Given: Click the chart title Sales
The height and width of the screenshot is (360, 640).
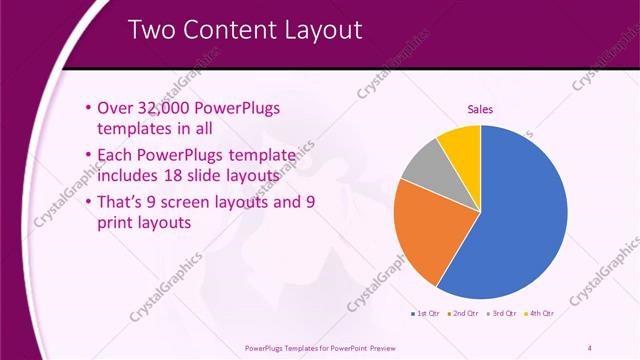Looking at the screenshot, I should [481, 109].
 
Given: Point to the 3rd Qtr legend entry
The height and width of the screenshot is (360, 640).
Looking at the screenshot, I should [502, 314].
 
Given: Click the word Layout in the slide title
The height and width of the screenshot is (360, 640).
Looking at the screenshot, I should [316, 31].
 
